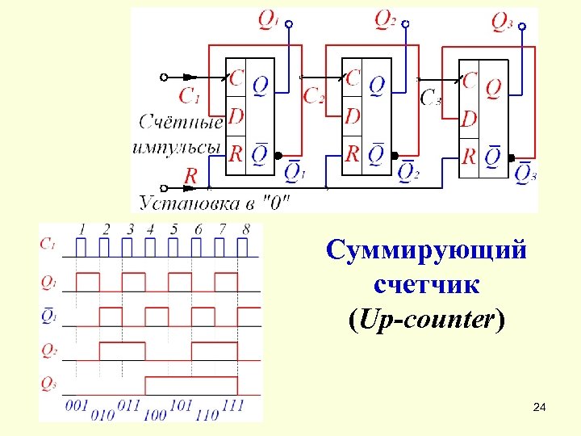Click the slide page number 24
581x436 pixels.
(540, 410)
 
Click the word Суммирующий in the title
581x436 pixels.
(427, 249)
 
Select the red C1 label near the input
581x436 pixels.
(189, 97)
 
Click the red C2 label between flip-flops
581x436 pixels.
(314, 96)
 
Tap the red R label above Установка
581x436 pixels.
(191, 174)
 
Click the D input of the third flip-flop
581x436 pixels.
(469, 119)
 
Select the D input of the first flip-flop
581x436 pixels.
(236, 115)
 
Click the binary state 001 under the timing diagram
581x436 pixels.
(76, 405)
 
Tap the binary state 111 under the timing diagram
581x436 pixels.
(232, 405)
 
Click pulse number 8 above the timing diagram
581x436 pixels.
(245, 230)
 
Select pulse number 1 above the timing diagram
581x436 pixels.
(82, 230)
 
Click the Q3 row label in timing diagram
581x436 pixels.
(48, 384)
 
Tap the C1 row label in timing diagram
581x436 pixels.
(48, 243)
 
